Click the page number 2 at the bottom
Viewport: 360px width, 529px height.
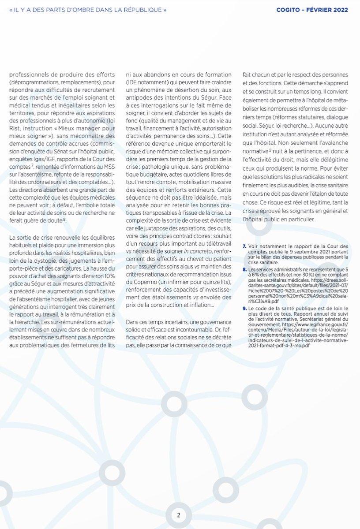(178, 515)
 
